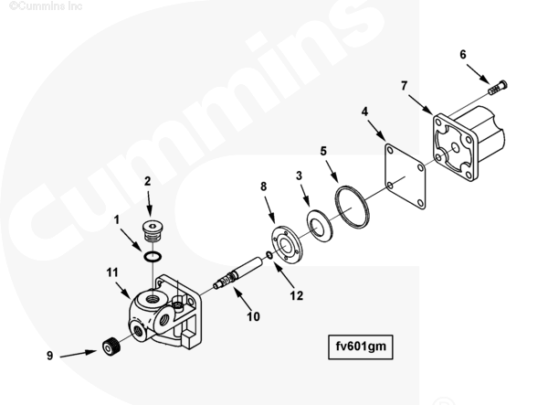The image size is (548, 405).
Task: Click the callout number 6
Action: click(463, 55)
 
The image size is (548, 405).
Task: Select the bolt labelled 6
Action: click(498, 88)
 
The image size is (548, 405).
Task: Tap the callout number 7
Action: click(404, 86)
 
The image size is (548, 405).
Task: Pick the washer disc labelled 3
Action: click(309, 224)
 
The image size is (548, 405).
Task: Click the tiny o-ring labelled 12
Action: click(269, 255)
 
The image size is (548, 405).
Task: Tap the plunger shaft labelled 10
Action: click(237, 273)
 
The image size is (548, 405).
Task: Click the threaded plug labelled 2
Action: click(153, 230)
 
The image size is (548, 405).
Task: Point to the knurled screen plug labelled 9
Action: click(111, 347)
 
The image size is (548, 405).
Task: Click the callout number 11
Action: click(112, 272)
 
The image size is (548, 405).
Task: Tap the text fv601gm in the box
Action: click(361, 346)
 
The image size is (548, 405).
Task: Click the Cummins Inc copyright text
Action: click(46, 5)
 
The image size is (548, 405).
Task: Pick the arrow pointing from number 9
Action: click(79, 354)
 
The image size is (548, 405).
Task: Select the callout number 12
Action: click(296, 296)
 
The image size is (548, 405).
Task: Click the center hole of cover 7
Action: click(455, 147)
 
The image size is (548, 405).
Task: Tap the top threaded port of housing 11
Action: click(152, 299)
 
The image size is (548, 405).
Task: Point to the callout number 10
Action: click(253, 316)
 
